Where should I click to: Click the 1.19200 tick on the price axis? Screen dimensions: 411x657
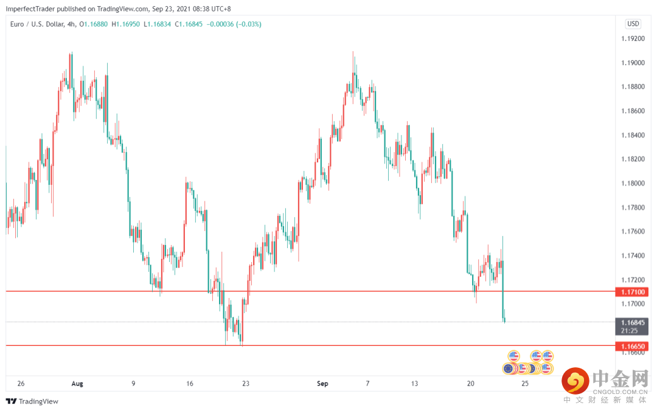[x=633, y=39]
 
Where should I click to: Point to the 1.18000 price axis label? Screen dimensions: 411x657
[x=633, y=184]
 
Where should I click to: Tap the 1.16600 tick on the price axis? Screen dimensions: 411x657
[x=633, y=353]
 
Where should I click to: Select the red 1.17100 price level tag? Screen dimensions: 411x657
[x=633, y=292]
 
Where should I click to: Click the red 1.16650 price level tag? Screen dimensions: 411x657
[x=633, y=346]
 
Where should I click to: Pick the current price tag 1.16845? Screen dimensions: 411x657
[x=633, y=322]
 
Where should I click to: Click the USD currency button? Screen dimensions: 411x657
[x=633, y=24]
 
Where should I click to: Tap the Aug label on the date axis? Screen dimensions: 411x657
[x=77, y=384]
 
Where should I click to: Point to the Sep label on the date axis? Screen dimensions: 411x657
[x=322, y=384]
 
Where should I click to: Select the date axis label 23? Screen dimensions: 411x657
[x=246, y=384]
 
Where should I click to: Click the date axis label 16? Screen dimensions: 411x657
[x=190, y=384]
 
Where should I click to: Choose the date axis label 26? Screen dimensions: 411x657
[x=21, y=384]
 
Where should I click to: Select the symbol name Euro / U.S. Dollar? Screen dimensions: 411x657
[x=37, y=24]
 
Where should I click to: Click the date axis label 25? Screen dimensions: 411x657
[x=525, y=384]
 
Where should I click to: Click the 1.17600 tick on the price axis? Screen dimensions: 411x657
[x=633, y=232]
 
